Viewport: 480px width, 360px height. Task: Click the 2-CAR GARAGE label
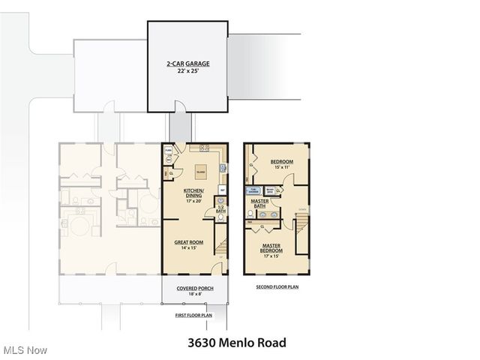pyautogui.click(x=187, y=64)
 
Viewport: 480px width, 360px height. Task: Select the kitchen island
pyautogui.click(x=201, y=171)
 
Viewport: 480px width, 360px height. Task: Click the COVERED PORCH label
pyautogui.click(x=194, y=289)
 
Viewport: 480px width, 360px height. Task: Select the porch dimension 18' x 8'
pyautogui.click(x=194, y=295)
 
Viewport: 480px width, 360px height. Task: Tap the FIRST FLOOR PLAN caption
pyautogui.click(x=194, y=316)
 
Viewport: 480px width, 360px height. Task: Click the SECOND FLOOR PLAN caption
pyautogui.click(x=277, y=287)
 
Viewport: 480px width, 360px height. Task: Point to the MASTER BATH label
pyautogui.click(x=259, y=202)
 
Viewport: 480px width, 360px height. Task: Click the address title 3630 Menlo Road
pyautogui.click(x=236, y=343)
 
